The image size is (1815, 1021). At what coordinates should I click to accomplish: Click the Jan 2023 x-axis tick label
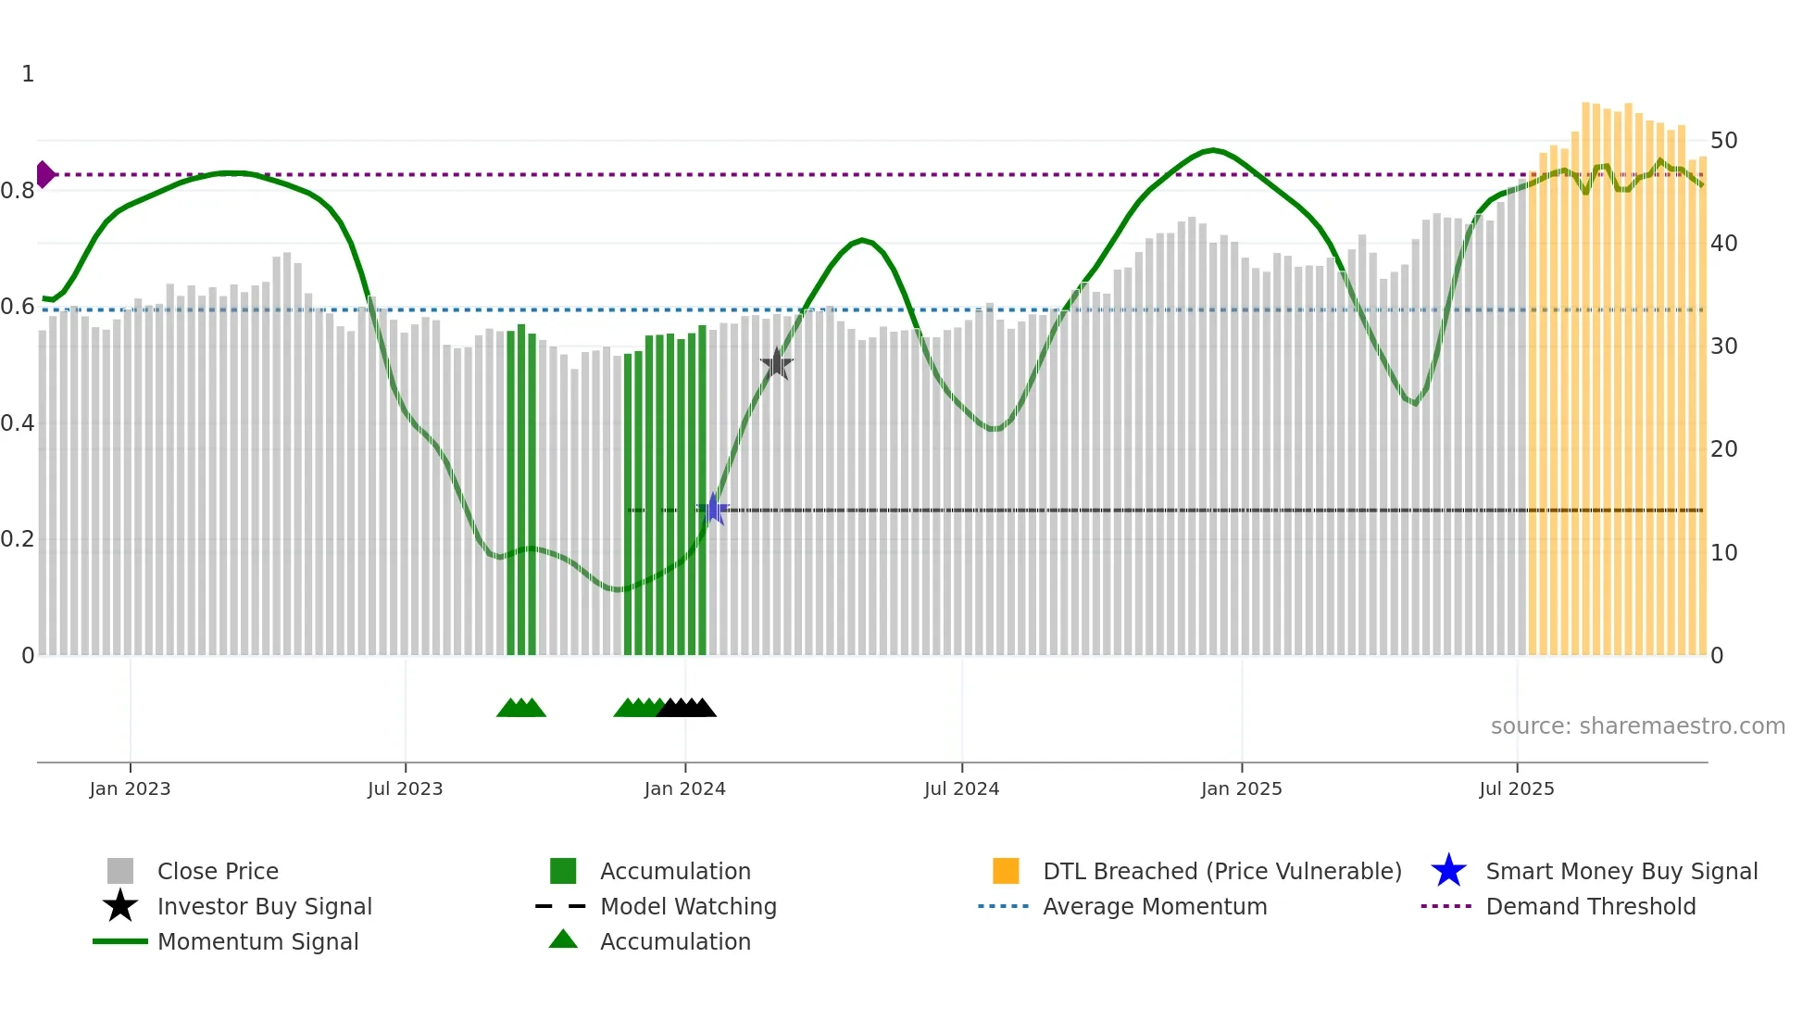[x=130, y=788]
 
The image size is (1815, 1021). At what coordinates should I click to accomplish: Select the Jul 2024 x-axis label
[x=961, y=788]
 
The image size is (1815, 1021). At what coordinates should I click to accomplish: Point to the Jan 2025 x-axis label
[x=1241, y=788]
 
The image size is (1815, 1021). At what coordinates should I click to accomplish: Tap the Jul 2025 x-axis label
[x=1516, y=788]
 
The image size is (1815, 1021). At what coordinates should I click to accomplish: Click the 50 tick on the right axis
[x=1723, y=141]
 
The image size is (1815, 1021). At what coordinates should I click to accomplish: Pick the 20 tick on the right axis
[x=1723, y=449]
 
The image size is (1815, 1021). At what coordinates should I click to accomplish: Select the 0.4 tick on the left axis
[x=18, y=423]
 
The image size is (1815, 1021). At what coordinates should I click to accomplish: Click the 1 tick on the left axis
[x=28, y=74]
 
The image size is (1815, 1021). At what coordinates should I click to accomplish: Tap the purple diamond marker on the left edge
[x=44, y=174]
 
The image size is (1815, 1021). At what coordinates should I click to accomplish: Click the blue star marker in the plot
[x=713, y=509]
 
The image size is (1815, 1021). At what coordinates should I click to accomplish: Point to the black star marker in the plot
[x=777, y=364]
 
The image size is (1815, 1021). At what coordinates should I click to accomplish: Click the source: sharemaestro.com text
[x=1637, y=726]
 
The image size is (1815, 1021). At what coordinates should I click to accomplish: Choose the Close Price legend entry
[x=218, y=871]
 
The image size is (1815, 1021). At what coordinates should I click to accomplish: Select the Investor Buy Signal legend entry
[x=264, y=906]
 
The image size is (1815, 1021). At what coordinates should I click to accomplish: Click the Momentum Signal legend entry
[x=257, y=941]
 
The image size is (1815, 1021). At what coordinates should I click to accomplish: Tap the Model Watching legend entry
[x=688, y=906]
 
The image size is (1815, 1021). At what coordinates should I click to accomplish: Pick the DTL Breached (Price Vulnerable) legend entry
[x=1221, y=871]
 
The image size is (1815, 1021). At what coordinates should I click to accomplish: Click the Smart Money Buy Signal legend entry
[x=1621, y=871]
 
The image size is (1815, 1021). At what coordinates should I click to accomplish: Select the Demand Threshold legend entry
[x=1590, y=906]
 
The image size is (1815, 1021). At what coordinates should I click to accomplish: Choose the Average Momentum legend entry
[x=1155, y=906]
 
